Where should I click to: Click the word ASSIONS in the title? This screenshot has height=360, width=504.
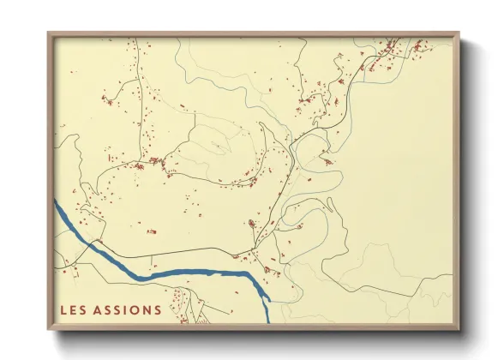(130, 309)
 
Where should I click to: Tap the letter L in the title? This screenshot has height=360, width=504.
(64, 309)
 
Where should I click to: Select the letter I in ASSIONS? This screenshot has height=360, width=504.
(127, 309)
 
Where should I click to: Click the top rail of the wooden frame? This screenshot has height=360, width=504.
(253, 35)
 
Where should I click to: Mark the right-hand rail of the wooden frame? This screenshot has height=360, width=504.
(456, 180)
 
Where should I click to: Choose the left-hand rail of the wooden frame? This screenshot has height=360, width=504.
(51, 180)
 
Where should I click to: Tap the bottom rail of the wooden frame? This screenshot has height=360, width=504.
(253, 327)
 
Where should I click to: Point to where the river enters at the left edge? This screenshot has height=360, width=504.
(57, 204)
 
